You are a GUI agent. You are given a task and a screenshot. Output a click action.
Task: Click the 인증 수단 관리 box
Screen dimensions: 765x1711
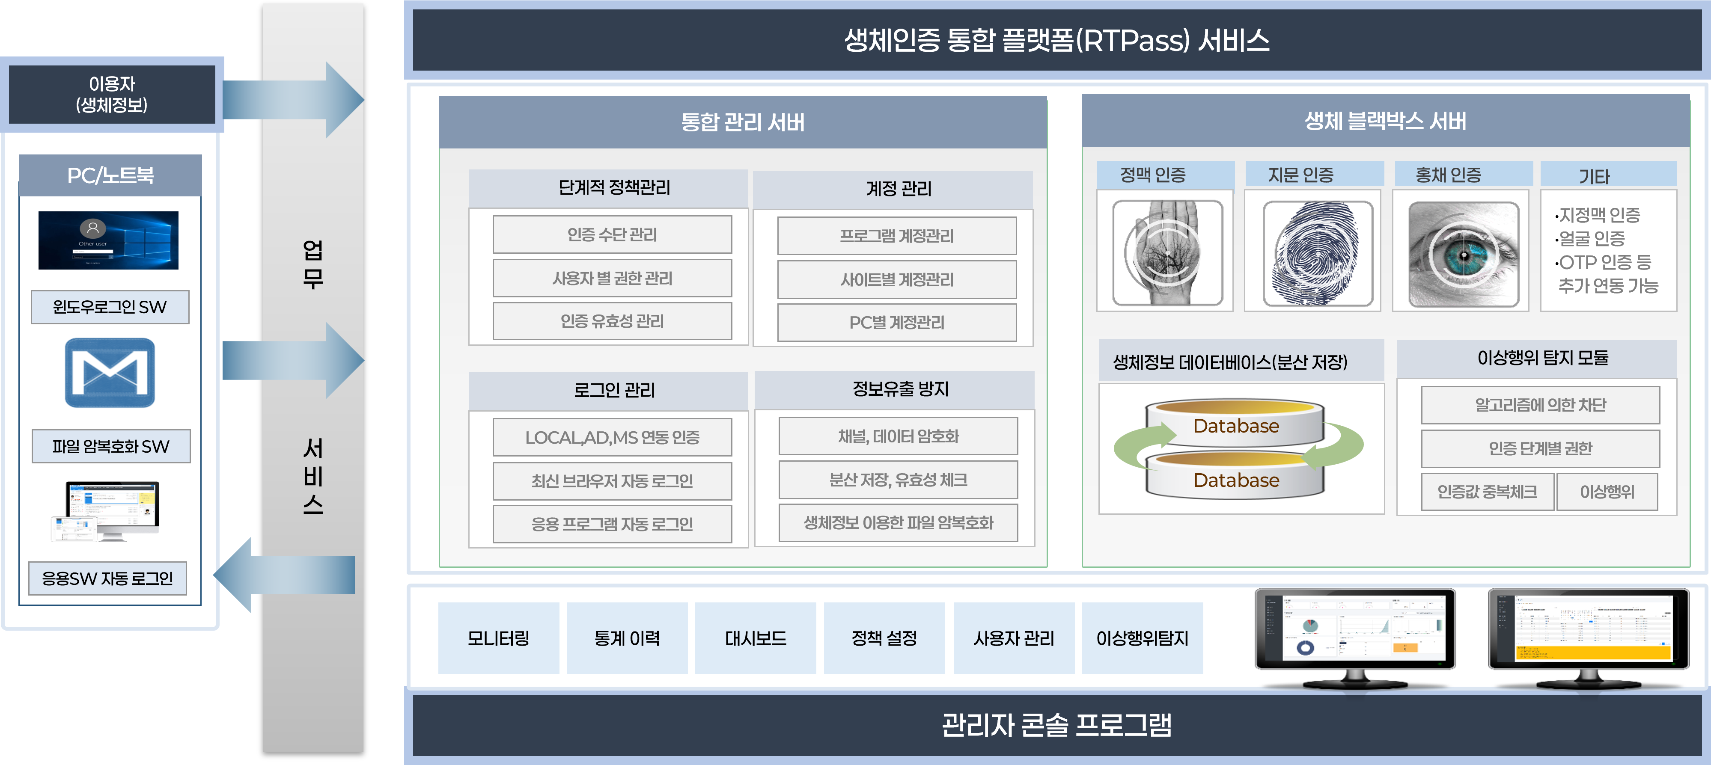pos(612,234)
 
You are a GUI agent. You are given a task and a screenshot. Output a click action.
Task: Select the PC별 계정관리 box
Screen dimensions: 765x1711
pos(897,323)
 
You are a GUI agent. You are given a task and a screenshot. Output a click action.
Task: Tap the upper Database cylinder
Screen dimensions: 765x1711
pos(1235,423)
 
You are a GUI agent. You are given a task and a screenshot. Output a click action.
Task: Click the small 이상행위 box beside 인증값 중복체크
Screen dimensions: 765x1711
pos(1607,492)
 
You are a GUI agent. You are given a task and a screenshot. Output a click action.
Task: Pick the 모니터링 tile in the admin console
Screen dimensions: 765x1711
pos(498,638)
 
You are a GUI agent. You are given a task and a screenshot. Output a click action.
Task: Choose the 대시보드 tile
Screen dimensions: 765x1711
pos(755,638)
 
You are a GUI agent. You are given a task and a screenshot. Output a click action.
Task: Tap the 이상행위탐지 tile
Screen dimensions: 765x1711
pos(1142,638)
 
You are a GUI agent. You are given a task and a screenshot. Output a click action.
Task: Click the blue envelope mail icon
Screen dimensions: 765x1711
pos(110,373)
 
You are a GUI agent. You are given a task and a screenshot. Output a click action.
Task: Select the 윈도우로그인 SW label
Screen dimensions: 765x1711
pos(110,307)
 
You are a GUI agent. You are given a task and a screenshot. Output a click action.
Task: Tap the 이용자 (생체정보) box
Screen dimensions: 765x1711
pos(112,94)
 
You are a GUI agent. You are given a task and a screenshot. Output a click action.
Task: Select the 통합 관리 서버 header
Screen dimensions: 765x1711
pos(743,122)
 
